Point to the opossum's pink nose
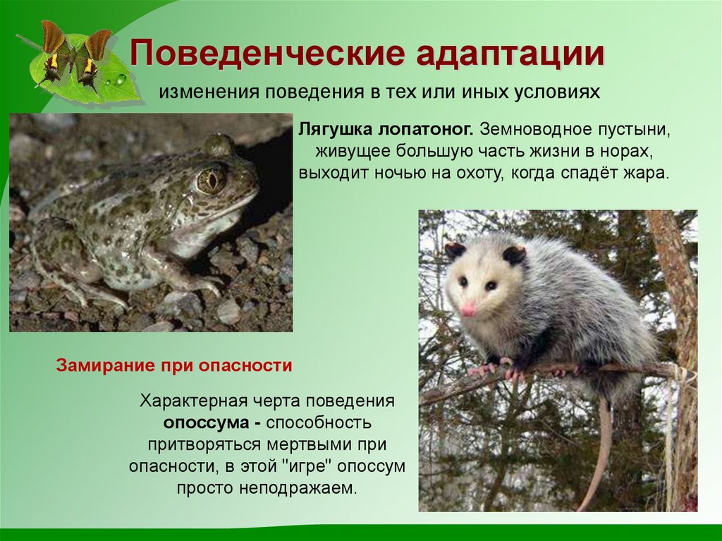click(467, 310)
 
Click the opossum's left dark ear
click(455, 250)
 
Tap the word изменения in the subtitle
click(199, 92)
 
